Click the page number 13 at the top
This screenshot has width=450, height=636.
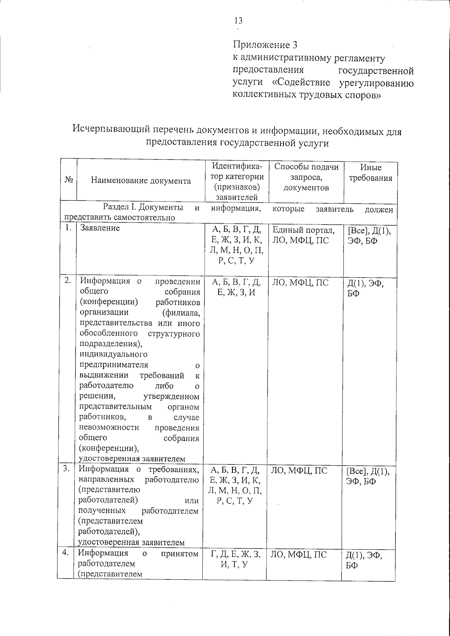pyautogui.click(x=238, y=21)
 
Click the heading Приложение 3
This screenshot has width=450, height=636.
pyautogui.click(x=265, y=45)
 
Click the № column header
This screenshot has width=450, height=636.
pyautogui.click(x=68, y=180)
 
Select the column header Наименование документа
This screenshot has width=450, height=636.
pyautogui.click(x=141, y=181)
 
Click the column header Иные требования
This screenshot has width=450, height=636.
pyautogui.click(x=370, y=173)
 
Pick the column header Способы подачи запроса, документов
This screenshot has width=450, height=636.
pyautogui.click(x=306, y=177)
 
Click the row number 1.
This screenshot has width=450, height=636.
pyautogui.click(x=68, y=228)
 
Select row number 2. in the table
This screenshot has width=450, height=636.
pyautogui.click(x=68, y=280)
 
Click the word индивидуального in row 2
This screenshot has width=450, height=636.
pyautogui.click(x=113, y=354)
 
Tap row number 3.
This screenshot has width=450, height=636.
pyautogui.click(x=67, y=469)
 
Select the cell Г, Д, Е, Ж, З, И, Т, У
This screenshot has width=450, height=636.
pyautogui.click(x=236, y=559)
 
